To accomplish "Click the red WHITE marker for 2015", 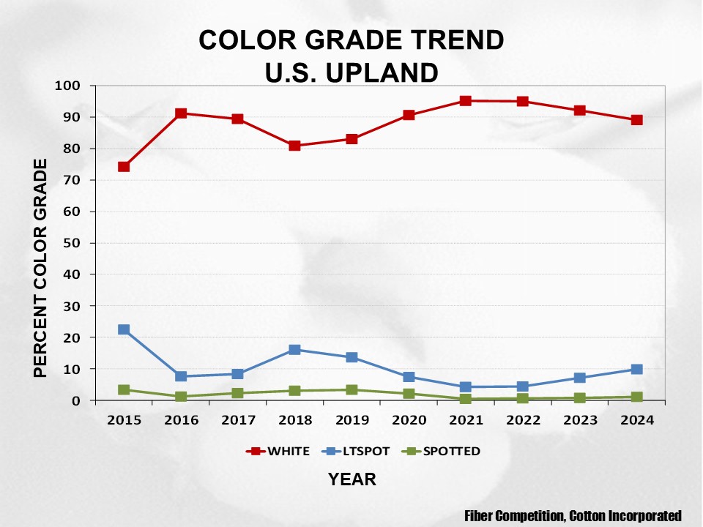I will pyautogui.click(x=124, y=167).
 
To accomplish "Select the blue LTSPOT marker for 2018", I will pyautogui.click(x=294, y=350).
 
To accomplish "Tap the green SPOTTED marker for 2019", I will pyautogui.click(x=351, y=390).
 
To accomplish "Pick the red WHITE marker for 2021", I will pyautogui.click(x=466, y=101).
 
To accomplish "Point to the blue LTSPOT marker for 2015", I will pyautogui.click(x=124, y=330).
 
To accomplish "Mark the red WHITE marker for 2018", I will pyautogui.click(x=294, y=146).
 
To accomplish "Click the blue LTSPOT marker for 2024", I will pyautogui.click(x=636, y=370).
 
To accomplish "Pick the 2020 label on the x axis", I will pyautogui.click(x=409, y=421).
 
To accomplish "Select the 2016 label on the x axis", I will pyautogui.click(x=181, y=421).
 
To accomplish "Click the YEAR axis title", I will pyautogui.click(x=352, y=479).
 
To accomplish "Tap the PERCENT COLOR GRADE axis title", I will pyautogui.click(x=42, y=268).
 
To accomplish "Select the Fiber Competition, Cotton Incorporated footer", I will pyautogui.click(x=573, y=515).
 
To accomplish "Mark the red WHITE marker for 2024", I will pyautogui.click(x=636, y=120).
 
